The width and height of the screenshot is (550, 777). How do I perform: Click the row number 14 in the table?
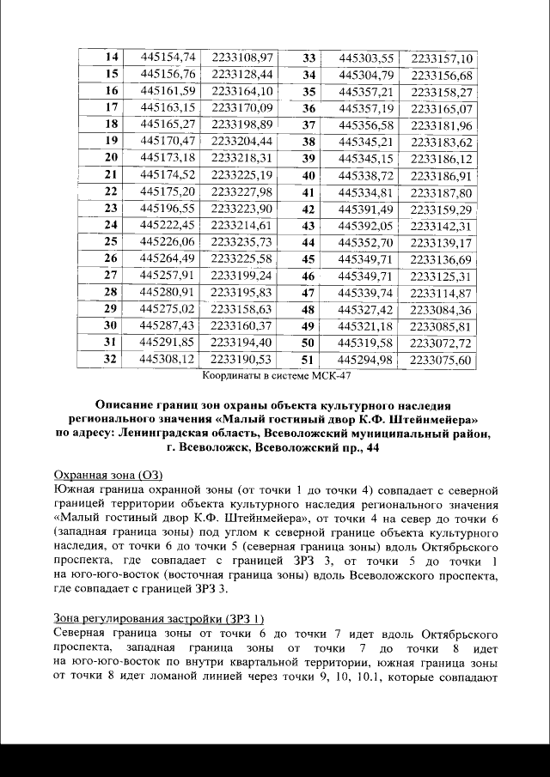pos(110,58)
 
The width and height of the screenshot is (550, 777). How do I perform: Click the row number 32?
pos(110,358)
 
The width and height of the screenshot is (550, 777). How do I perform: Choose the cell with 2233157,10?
pos(442,58)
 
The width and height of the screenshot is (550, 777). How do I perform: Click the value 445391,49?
pos(366,209)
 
